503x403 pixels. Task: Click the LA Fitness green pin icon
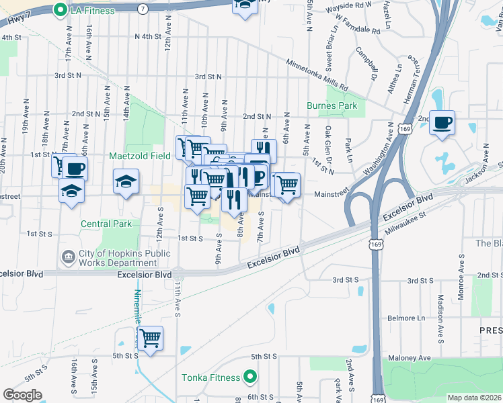point(60,10)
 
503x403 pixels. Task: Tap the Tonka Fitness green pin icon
point(249,377)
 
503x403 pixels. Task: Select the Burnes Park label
point(332,105)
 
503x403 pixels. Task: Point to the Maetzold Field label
point(140,156)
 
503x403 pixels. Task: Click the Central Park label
point(106,224)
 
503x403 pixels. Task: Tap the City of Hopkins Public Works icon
point(68,256)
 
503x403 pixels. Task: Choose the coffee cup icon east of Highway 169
point(442,123)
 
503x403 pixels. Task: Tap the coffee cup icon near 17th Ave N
point(75,168)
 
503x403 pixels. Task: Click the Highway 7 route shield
point(144,9)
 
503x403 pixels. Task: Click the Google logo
point(22,394)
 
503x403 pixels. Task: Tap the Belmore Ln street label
point(408,317)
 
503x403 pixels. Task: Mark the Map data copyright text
point(474,398)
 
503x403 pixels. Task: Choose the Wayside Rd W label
point(349,5)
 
